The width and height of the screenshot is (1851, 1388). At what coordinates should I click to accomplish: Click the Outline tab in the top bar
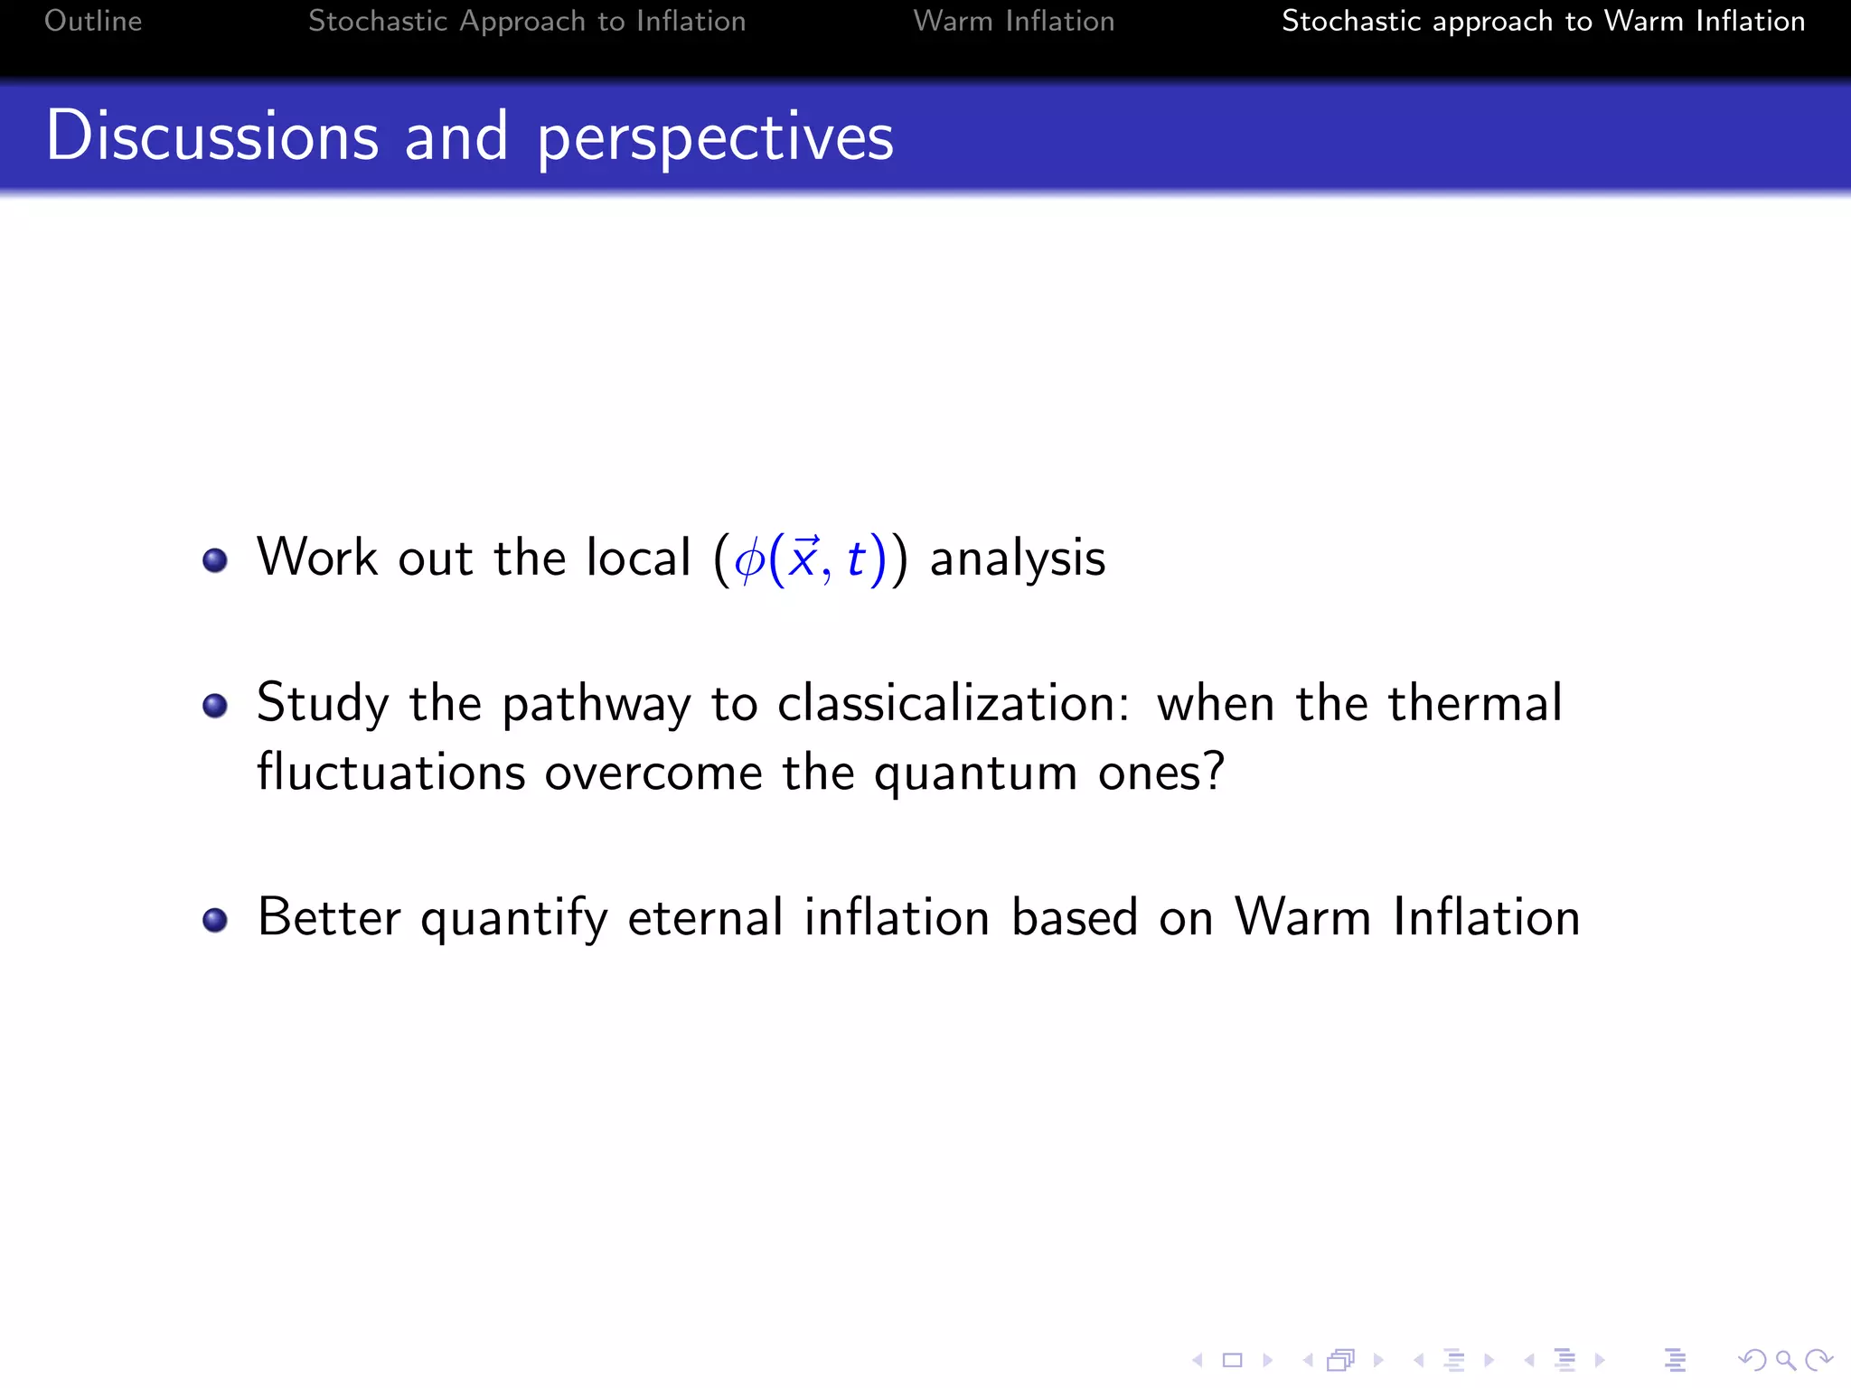point(93,21)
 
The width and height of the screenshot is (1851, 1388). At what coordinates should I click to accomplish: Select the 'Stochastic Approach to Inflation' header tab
point(527,21)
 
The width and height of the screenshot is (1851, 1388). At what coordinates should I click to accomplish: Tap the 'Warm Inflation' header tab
point(1013,21)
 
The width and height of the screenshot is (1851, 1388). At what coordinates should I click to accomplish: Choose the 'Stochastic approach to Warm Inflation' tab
point(1543,21)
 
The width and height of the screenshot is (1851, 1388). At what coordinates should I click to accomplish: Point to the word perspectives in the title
point(715,137)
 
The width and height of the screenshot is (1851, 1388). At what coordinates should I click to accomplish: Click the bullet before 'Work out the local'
point(215,560)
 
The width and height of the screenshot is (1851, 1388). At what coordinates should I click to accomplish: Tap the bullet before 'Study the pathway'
point(215,705)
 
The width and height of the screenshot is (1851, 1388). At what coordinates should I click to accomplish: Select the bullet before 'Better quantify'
point(215,920)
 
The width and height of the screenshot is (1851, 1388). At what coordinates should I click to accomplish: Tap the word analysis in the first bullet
point(1017,558)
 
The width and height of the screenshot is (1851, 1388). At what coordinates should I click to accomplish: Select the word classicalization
point(953,703)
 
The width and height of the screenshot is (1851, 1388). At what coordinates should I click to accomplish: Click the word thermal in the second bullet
point(1474,703)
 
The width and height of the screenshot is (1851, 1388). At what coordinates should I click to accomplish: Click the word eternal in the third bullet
point(705,917)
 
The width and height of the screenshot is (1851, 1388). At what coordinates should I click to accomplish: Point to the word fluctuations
point(390,773)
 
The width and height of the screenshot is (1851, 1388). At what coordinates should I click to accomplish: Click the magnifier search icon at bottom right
point(1785,1360)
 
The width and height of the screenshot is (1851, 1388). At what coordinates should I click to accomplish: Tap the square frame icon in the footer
point(1232,1360)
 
